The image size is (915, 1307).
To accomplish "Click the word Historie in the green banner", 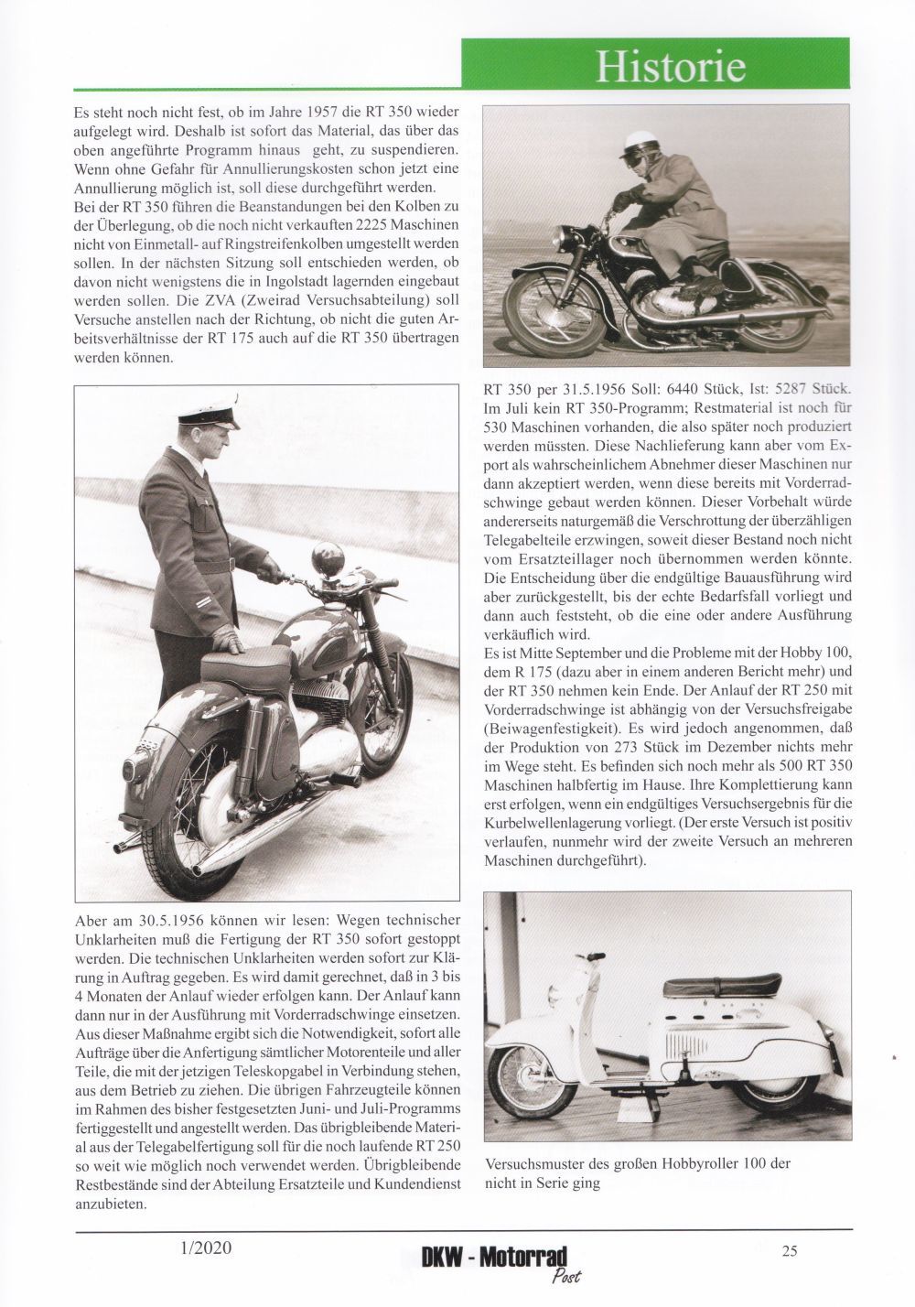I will pyautogui.click(x=671, y=66).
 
